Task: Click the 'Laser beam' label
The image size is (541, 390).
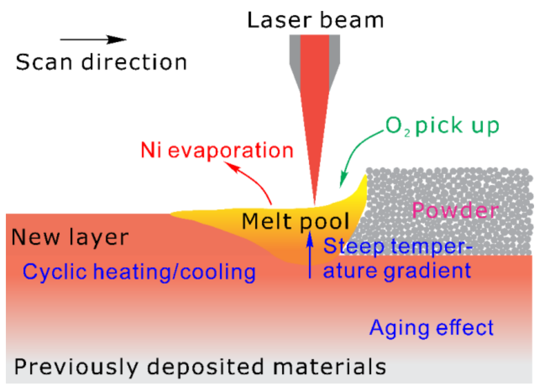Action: (x=315, y=20)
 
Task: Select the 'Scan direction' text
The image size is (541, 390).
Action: (x=101, y=62)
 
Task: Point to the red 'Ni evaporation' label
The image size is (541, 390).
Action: (x=217, y=150)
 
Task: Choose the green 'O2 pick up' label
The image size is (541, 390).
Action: (x=442, y=126)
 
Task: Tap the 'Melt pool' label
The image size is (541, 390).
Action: (x=295, y=222)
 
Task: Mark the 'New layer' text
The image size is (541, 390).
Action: (x=70, y=237)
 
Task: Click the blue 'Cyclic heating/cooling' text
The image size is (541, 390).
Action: (x=139, y=272)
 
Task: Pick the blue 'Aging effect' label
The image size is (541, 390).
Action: (x=431, y=328)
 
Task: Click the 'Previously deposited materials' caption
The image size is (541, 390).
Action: (x=200, y=367)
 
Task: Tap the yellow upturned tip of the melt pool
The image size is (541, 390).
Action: (x=364, y=182)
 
